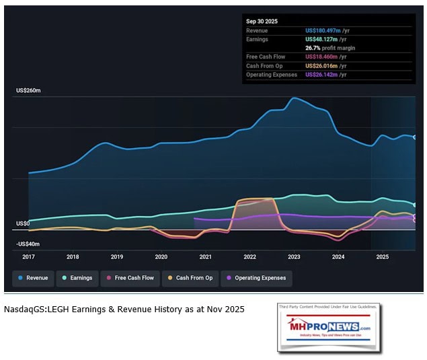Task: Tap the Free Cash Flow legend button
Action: pyautogui.click(x=130, y=278)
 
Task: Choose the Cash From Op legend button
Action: pyautogui.click(x=190, y=278)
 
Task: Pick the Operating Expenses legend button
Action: pyautogui.click(x=256, y=278)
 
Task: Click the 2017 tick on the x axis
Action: pyautogui.click(x=28, y=256)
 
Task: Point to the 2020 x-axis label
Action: pyautogui.click(x=161, y=256)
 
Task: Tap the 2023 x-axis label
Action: pyautogui.click(x=294, y=256)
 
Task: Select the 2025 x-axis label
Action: pyautogui.click(x=382, y=256)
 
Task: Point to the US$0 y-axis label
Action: pyautogui.click(x=24, y=223)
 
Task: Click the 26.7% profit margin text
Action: pyautogui.click(x=330, y=48)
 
